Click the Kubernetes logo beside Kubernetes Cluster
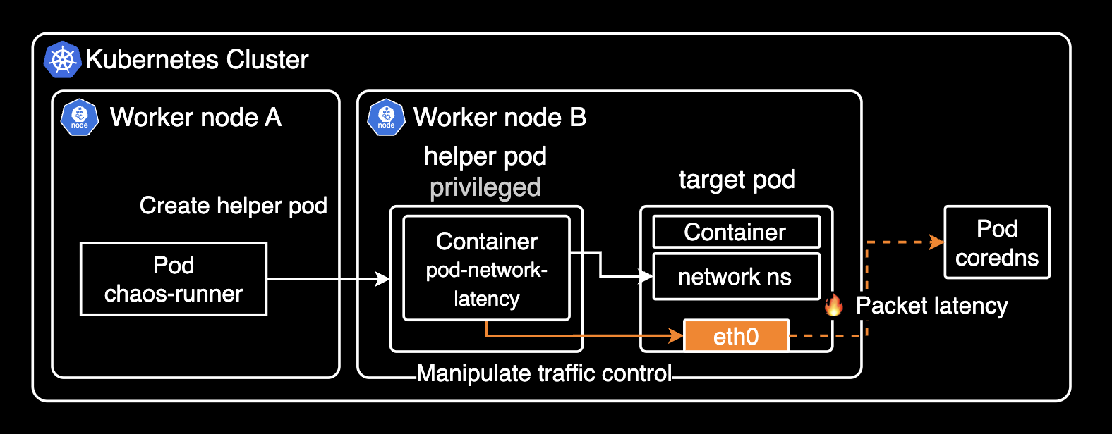point(63,59)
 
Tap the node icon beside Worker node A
point(80,118)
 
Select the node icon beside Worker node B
point(386,118)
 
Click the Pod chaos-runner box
point(174,279)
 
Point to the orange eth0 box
point(736,336)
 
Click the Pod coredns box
point(996,242)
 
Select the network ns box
point(736,277)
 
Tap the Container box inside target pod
point(736,232)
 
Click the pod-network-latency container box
point(486,268)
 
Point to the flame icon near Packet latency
point(834,305)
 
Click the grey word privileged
point(485,187)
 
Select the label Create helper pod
point(233,206)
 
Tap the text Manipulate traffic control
point(544,373)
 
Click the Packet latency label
point(931,306)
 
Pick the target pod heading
point(737,180)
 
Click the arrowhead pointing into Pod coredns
point(938,242)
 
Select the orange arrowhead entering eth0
point(677,336)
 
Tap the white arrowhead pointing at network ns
point(646,276)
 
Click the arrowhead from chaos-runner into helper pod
point(383,279)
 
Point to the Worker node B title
point(500,117)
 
